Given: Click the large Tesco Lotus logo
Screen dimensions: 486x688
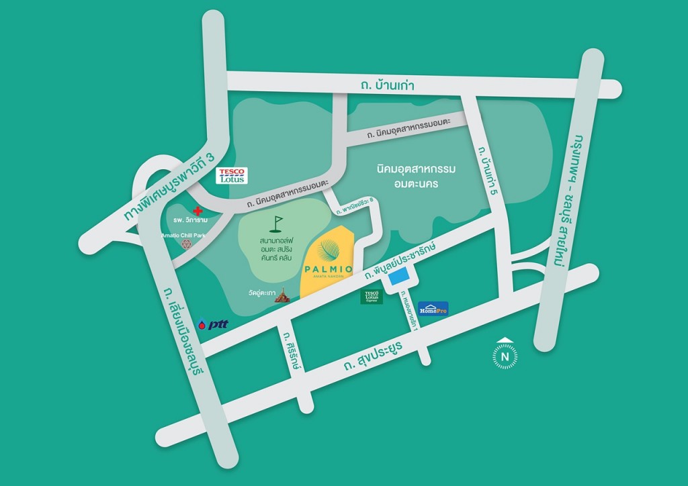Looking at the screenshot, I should (232, 176).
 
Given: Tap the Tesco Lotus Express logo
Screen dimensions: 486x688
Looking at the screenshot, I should (372, 297).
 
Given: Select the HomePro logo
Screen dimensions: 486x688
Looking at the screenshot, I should (433, 308).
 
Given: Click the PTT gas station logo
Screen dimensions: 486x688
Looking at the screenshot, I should (214, 324).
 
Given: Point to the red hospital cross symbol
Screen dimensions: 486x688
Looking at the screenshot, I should (197, 211).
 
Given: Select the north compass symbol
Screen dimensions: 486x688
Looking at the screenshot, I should (505, 355).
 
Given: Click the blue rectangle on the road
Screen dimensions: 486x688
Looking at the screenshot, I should (401, 276).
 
